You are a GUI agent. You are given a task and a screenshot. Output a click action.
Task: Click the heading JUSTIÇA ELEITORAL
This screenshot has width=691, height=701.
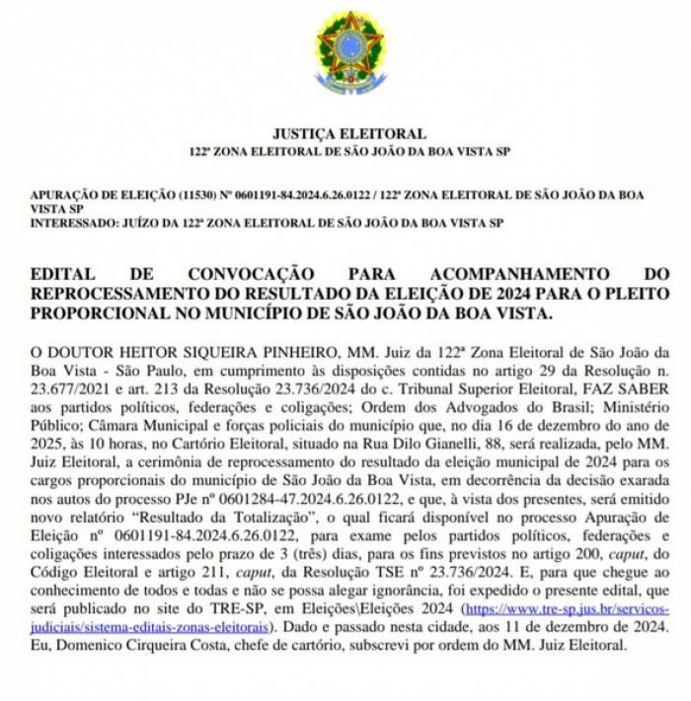[x=349, y=133]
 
